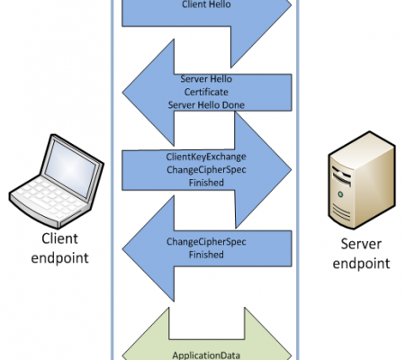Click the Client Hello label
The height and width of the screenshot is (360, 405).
click(x=206, y=4)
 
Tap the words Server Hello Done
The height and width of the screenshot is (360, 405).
click(x=206, y=105)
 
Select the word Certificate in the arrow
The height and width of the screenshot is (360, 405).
click(x=206, y=92)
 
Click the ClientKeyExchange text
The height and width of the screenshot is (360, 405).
click(x=206, y=157)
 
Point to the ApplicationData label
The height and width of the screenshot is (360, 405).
click(x=206, y=355)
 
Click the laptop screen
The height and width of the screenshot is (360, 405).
click(x=71, y=167)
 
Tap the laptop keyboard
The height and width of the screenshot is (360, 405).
click(x=50, y=195)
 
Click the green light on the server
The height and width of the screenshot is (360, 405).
click(x=340, y=194)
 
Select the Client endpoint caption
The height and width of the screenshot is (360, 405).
click(x=59, y=248)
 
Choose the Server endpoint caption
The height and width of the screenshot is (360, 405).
click(x=361, y=254)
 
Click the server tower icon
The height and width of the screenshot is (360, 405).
click(x=362, y=180)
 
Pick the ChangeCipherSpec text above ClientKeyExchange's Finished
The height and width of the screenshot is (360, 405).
click(x=206, y=170)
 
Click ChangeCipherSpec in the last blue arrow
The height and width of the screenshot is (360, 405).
click(x=206, y=242)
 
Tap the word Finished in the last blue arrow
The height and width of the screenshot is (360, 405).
click(x=206, y=255)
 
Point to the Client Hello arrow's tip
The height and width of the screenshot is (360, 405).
click(x=292, y=4)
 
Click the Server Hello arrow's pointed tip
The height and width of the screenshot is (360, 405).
click(x=122, y=93)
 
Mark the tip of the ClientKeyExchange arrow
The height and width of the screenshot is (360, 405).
click(x=292, y=170)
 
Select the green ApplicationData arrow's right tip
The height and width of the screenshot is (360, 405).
click(x=292, y=356)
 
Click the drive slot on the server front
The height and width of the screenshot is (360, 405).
click(x=342, y=178)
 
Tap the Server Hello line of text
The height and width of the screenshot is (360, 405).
click(x=206, y=79)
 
